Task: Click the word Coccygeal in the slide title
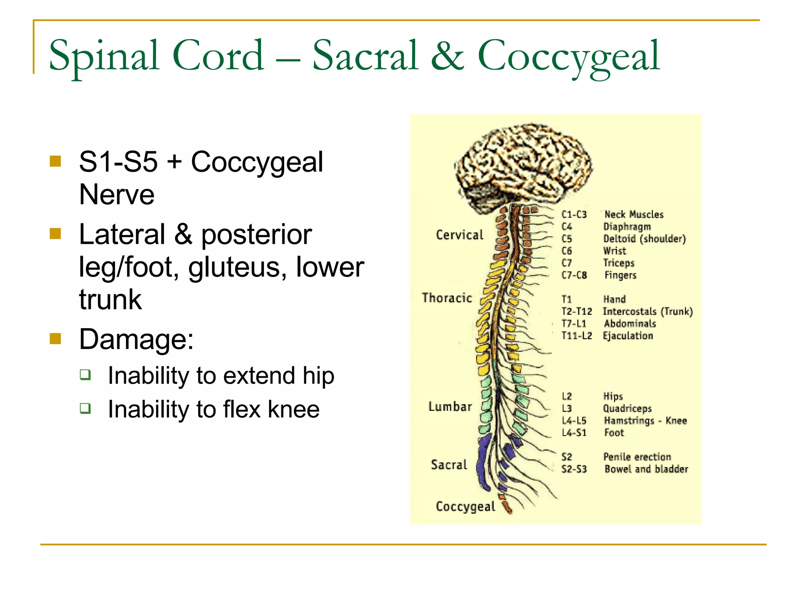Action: pos(568,56)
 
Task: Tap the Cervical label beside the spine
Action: pos(459,235)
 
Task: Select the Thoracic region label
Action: pos(447,298)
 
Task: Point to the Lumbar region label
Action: pos(450,406)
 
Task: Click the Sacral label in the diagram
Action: pos(449,465)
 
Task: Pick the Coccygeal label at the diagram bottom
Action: pos(465,507)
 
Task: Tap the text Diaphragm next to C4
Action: pos(627,227)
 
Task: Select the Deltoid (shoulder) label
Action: pos(645,239)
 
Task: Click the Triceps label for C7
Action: pos(619,263)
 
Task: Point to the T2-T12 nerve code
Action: pos(576,312)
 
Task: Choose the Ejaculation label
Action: pos(628,336)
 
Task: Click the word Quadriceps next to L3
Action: pos(627,408)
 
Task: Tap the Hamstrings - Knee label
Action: pos(645,421)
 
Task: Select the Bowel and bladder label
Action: pos(646,469)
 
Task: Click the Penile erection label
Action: pos(637,457)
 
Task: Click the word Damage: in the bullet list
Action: pos(136,339)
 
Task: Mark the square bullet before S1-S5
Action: pos(56,161)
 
